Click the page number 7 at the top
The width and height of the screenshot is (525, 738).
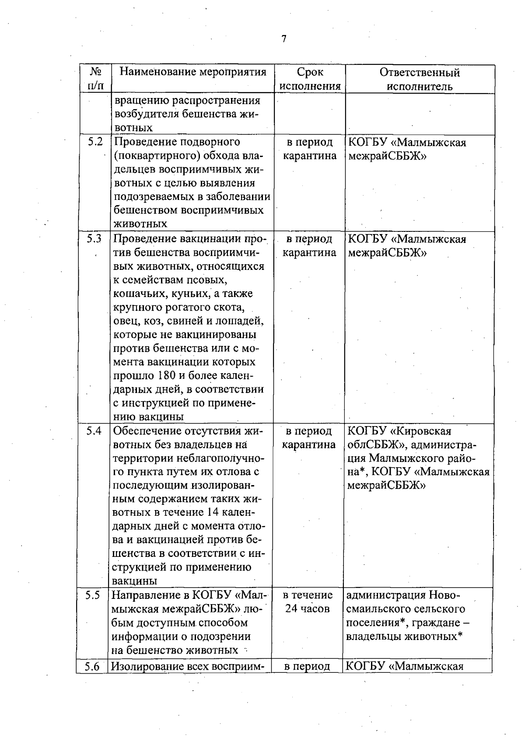click(283, 39)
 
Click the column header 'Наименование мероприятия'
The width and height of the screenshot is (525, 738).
click(193, 72)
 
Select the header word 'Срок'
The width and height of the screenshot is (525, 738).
click(310, 72)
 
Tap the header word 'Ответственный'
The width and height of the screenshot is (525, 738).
click(420, 72)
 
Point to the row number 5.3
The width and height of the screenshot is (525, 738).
click(94, 238)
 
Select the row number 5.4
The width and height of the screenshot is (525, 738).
click(94, 431)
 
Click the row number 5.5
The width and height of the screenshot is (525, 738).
click(93, 595)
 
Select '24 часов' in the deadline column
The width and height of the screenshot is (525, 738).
click(307, 609)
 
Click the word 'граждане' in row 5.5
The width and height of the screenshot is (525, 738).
click(432, 623)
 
